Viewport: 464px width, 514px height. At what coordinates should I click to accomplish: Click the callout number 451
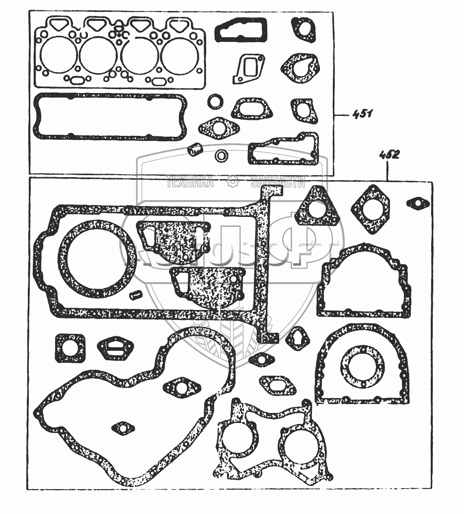point(362,115)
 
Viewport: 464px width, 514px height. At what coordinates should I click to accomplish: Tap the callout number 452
point(389,154)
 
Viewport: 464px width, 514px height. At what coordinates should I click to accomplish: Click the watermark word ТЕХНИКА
point(191,183)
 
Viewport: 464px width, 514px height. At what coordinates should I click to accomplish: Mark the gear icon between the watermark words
point(232,183)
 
